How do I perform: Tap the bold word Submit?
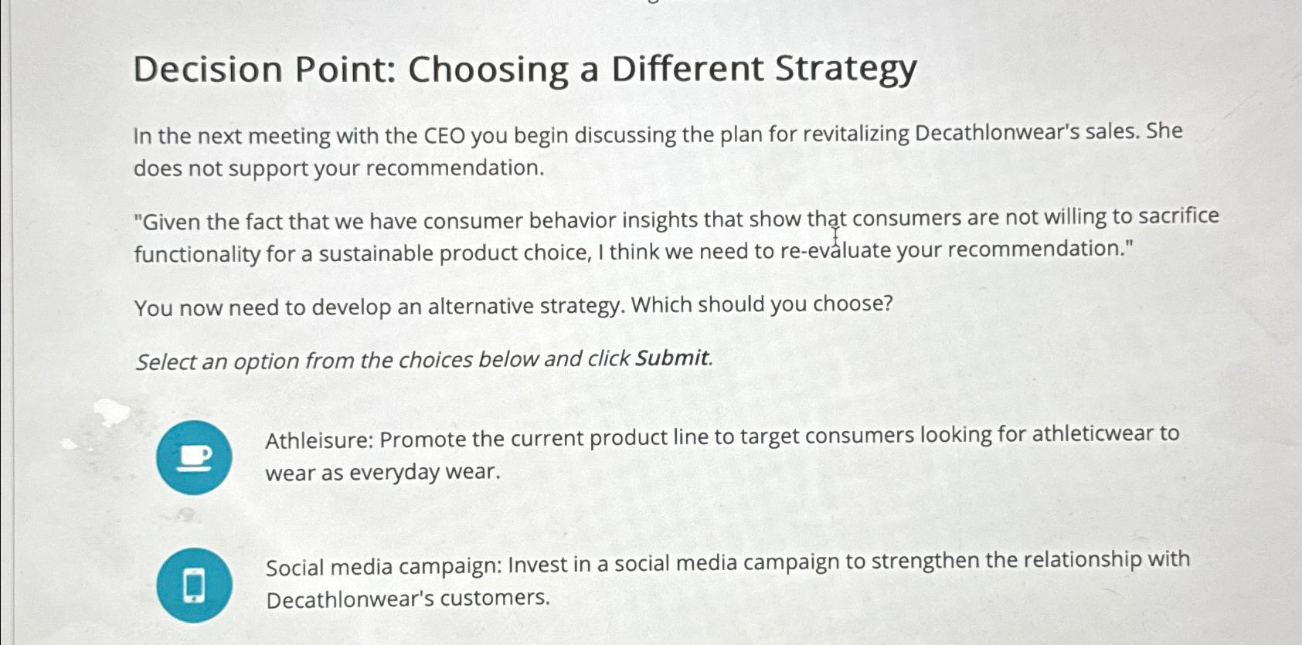click(x=671, y=358)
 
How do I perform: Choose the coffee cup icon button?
click(x=194, y=457)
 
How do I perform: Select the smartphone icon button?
click(x=194, y=585)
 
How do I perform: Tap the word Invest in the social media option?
click(x=538, y=565)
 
